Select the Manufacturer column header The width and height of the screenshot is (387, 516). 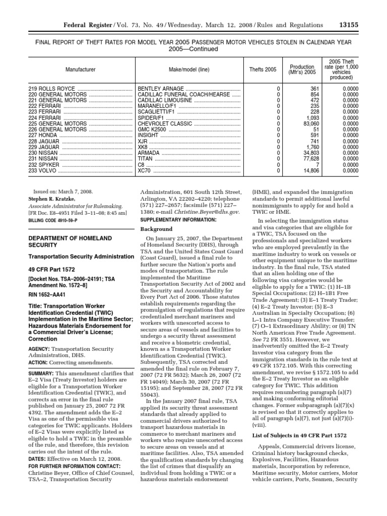point(81,70)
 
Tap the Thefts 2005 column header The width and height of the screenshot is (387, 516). point(263,70)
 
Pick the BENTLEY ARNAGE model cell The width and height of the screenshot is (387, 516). point(161,89)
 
